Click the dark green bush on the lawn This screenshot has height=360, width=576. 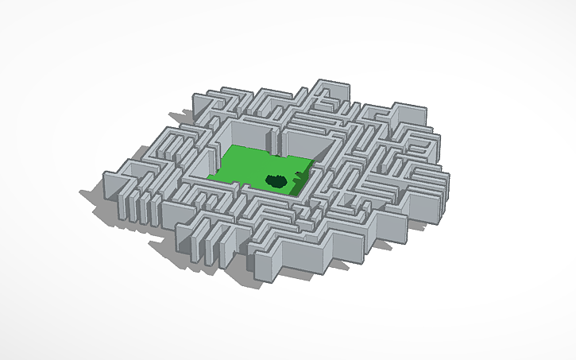pyautogui.click(x=276, y=181)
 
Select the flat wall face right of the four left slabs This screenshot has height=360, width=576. pyautogui.click(x=172, y=215)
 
